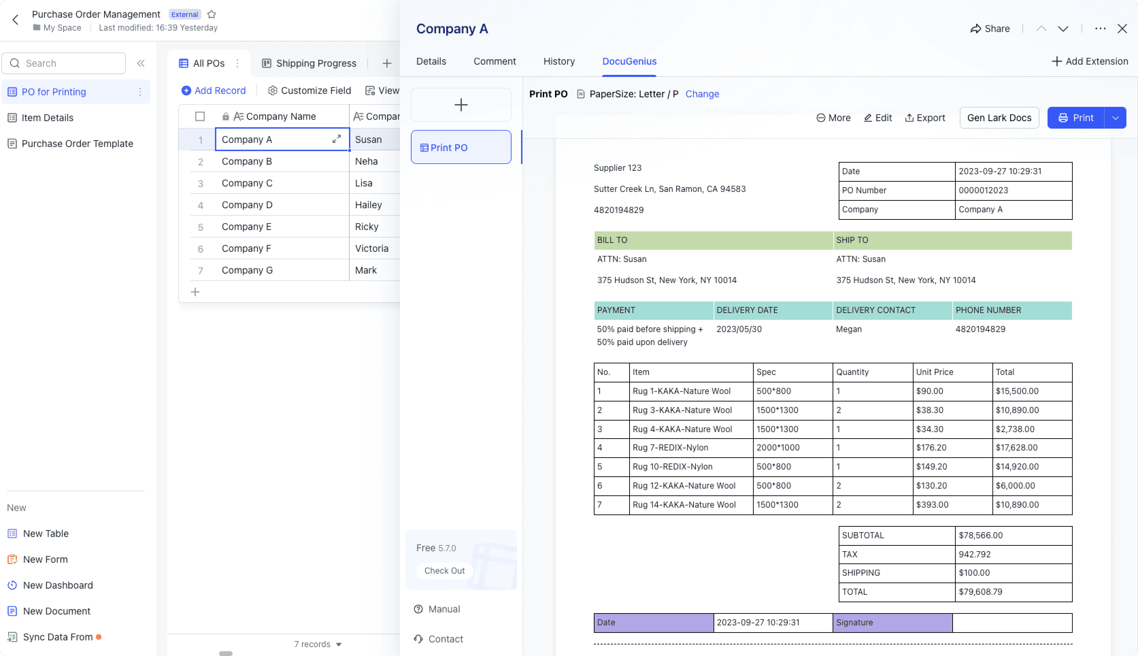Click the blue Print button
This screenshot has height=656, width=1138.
[1075, 118]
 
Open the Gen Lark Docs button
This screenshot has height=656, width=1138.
[999, 118]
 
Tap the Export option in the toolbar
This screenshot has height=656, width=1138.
[925, 118]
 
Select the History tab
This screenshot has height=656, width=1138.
[559, 61]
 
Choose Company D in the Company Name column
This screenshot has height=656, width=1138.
[247, 205]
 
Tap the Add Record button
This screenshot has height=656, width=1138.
[214, 91]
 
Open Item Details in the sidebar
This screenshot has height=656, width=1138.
[47, 118]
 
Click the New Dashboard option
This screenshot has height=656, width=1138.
[57, 585]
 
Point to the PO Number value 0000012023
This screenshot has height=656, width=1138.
[984, 190]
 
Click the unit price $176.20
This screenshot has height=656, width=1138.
[931, 447]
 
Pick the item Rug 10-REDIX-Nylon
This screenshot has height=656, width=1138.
[672, 466]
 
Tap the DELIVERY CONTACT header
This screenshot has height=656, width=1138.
[875, 310]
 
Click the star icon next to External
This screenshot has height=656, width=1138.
[212, 14]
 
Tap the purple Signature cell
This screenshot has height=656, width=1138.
[892, 623]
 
